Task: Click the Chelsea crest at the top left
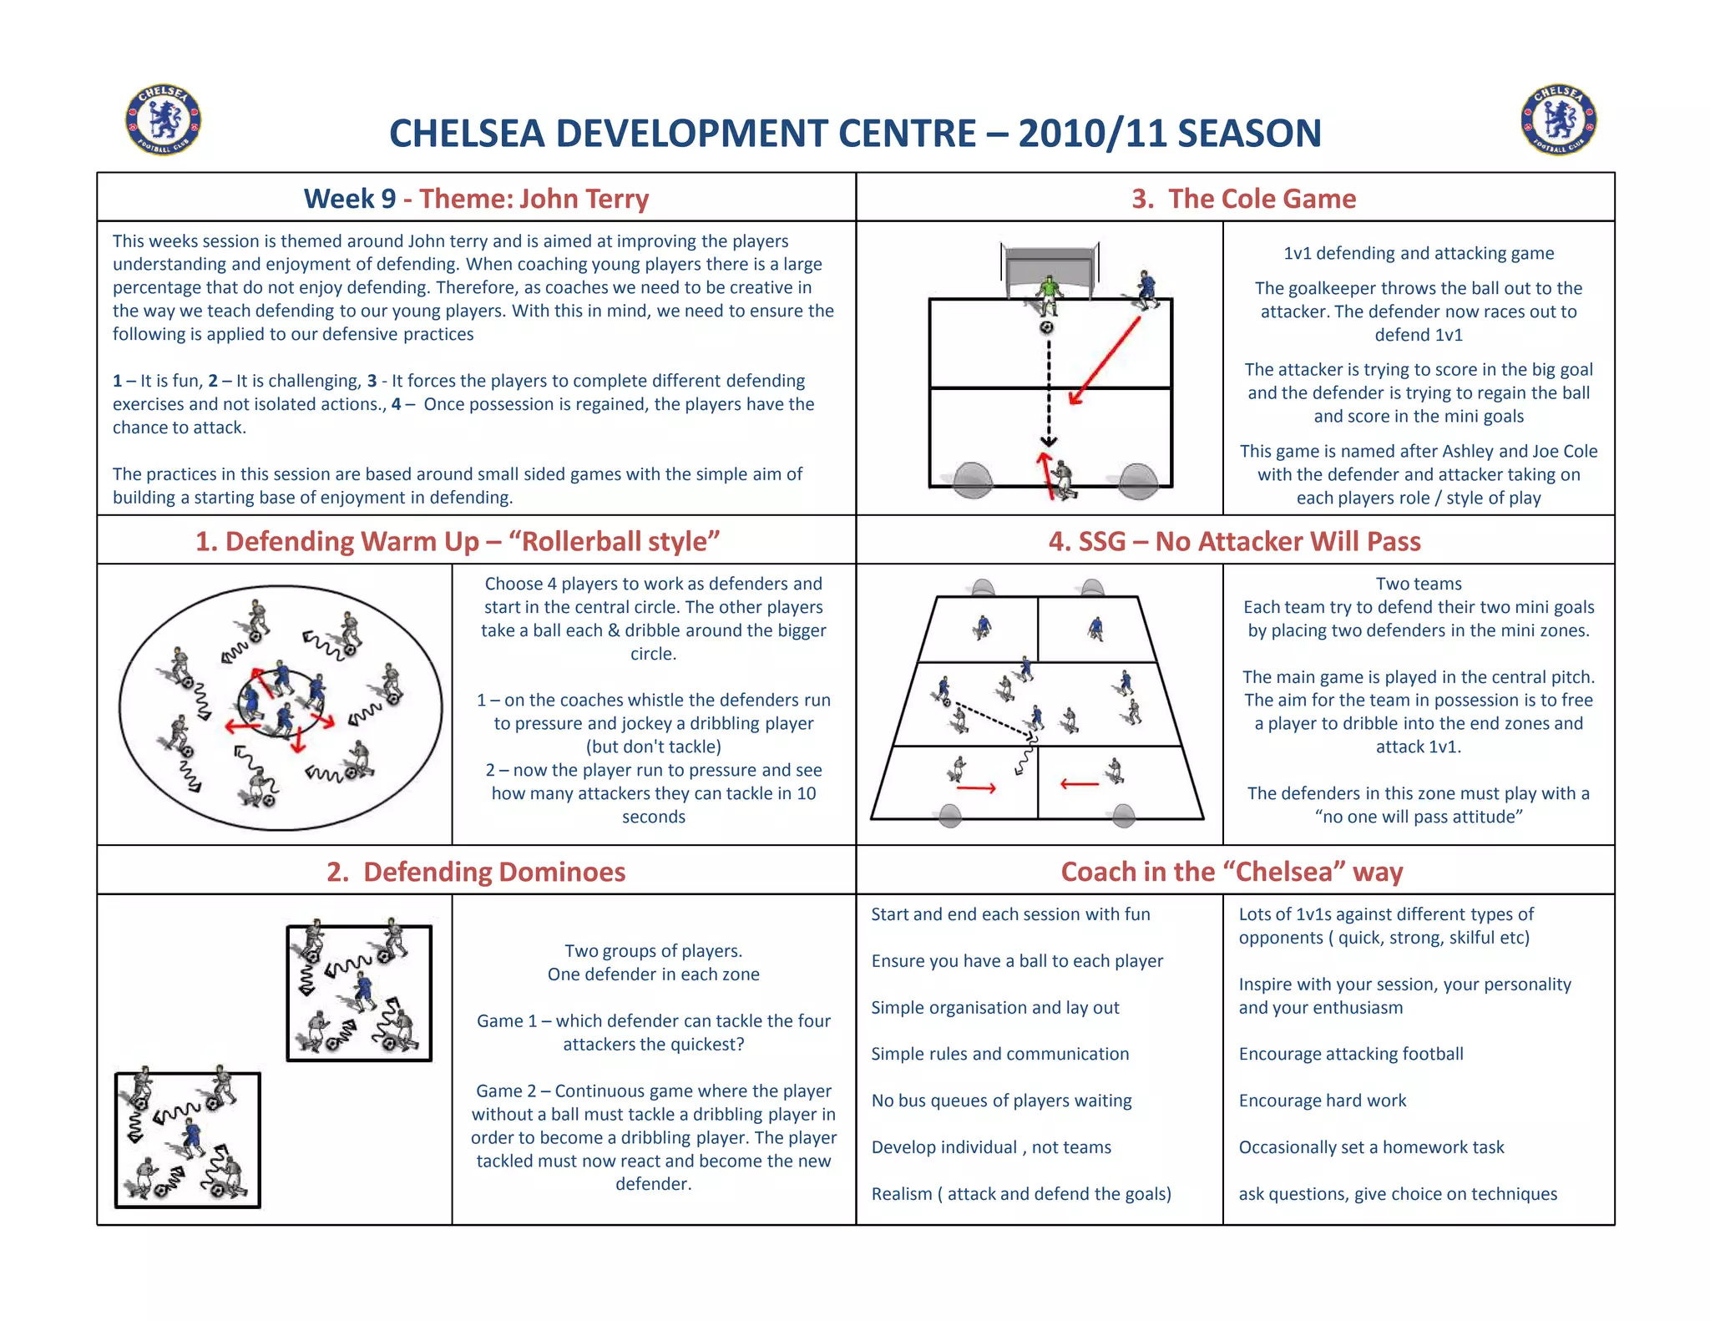click(163, 119)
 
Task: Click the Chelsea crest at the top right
click(1558, 119)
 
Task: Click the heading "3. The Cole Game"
click(1242, 199)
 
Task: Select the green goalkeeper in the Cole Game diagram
click(1049, 294)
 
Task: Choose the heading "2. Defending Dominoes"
click(476, 872)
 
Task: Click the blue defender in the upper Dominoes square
click(363, 991)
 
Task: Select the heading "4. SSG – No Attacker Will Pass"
click(1234, 541)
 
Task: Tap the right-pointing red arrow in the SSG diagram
click(976, 787)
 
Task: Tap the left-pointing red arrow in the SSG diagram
click(1079, 784)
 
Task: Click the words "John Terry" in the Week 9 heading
click(584, 199)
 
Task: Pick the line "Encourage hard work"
click(1322, 1101)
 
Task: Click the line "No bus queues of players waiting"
click(1001, 1101)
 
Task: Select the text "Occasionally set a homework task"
click(1371, 1147)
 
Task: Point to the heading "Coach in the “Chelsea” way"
click(1232, 872)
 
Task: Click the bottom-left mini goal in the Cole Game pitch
click(973, 480)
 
